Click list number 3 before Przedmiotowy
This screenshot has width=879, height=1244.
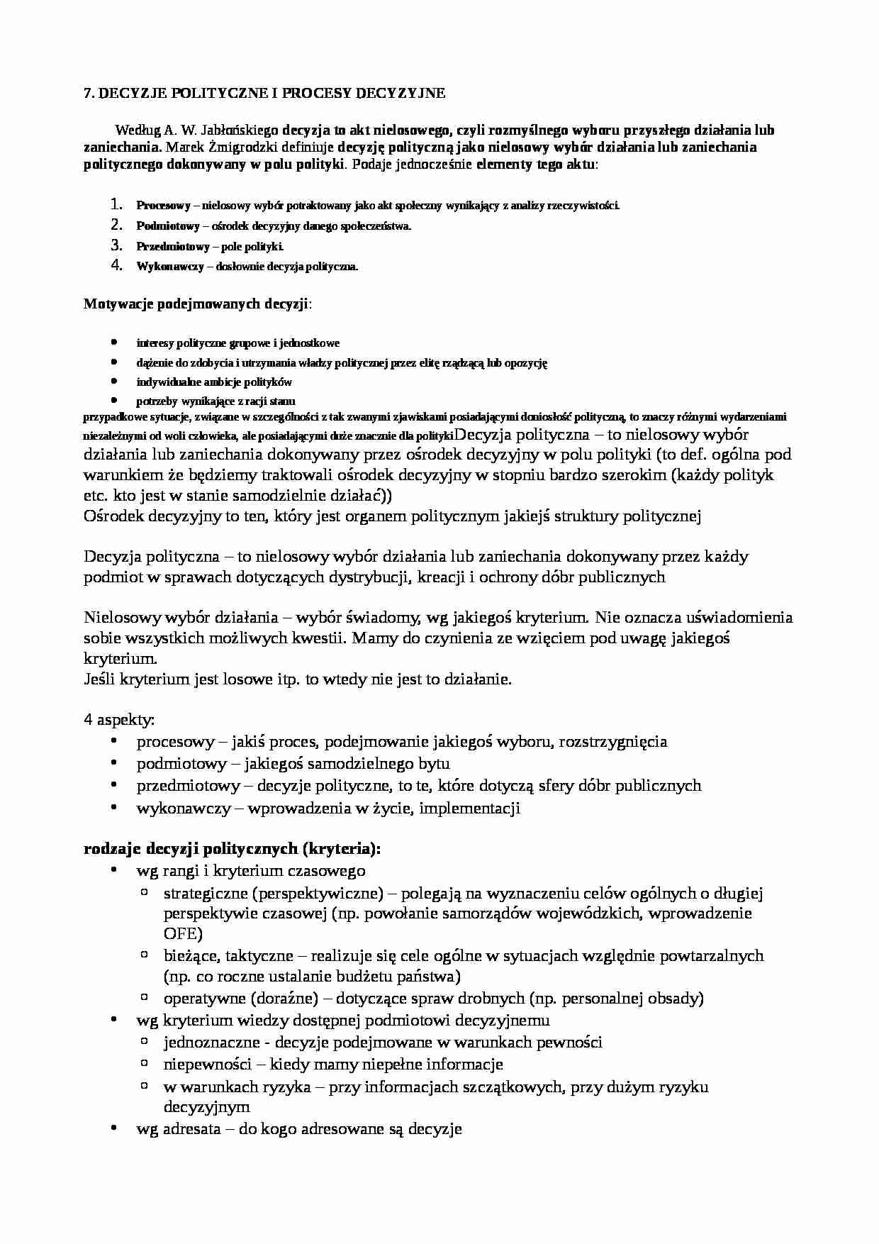point(116,246)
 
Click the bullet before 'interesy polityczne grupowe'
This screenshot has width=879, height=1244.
point(114,343)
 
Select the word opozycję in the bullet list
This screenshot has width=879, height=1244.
point(526,362)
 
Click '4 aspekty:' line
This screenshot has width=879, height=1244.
point(119,719)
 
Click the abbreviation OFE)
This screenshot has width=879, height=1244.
point(183,933)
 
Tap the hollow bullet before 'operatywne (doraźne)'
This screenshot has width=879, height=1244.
point(145,998)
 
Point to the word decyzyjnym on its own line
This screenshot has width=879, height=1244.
point(206,1106)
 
